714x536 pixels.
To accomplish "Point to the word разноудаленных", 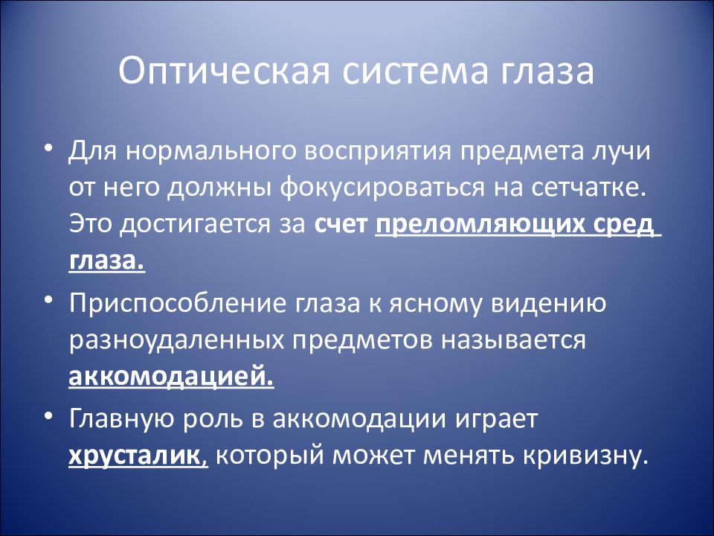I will pos(176,341).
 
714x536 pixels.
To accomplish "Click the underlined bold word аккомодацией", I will pos(171,377).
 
